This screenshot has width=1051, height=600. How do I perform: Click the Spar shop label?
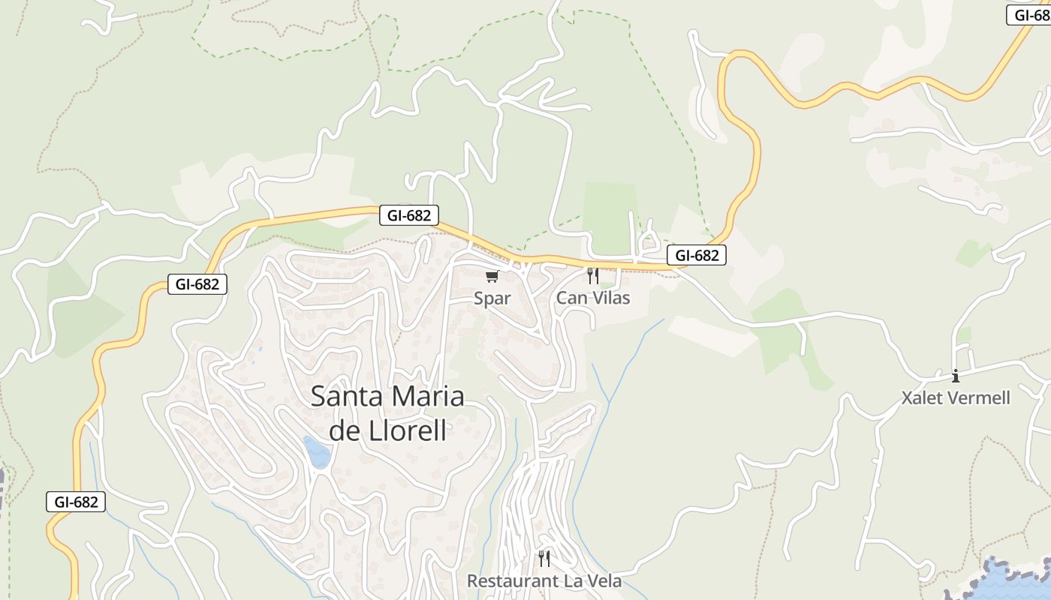[x=492, y=298]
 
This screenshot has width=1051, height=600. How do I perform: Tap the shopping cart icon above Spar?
[x=492, y=277]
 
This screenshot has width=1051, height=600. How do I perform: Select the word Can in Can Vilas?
[x=570, y=298]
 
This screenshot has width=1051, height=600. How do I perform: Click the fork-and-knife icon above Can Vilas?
[x=593, y=276]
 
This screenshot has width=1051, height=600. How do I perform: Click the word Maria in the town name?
[x=429, y=397]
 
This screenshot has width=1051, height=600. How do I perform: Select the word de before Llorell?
[x=345, y=431]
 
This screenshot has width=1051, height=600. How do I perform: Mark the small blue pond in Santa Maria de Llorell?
[x=317, y=451]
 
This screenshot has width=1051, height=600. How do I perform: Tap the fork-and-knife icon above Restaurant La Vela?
[x=544, y=559]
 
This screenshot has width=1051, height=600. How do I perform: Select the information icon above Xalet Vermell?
[x=956, y=376]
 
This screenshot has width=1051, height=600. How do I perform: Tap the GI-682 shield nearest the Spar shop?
[x=409, y=216]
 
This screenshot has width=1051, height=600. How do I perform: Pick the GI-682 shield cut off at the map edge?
[x=1030, y=15]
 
